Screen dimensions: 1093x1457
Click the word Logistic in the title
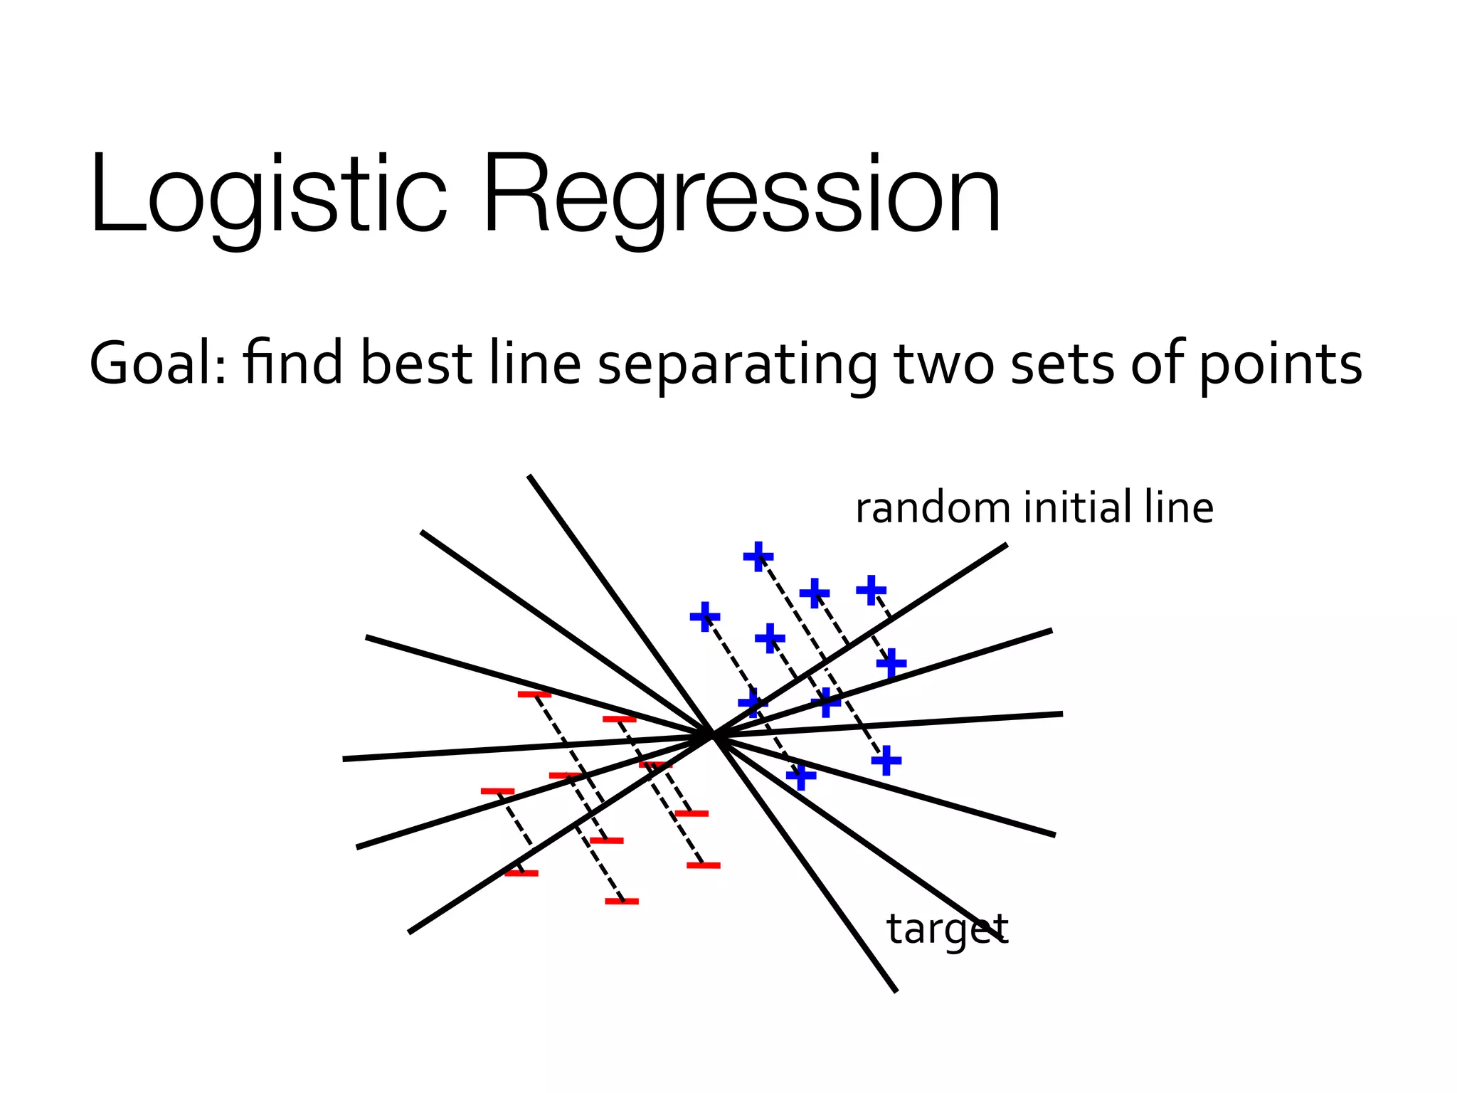tap(267, 196)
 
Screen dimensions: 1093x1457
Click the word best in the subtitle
tap(416, 364)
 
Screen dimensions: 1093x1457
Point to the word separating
tap(737, 365)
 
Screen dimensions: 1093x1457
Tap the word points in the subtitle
tap(1281, 365)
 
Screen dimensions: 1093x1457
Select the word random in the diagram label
tap(932, 508)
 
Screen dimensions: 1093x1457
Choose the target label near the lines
tap(947, 929)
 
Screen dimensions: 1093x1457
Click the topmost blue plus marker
tap(758, 556)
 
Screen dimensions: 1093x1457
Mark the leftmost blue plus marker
tap(705, 616)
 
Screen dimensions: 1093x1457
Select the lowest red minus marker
tap(622, 902)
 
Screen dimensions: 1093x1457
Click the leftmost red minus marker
tap(497, 791)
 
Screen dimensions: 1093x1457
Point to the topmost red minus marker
tap(534, 694)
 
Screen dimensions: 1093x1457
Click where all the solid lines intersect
tap(712, 736)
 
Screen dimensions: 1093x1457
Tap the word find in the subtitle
tap(292, 364)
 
